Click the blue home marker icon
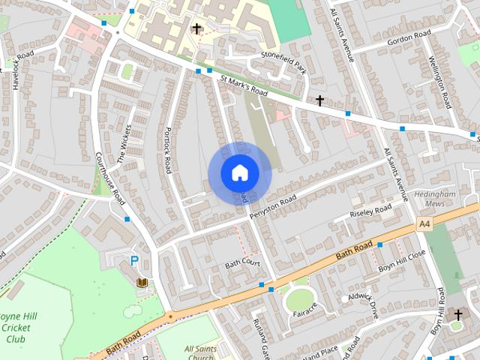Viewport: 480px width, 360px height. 239,172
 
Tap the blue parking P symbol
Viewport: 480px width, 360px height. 134,261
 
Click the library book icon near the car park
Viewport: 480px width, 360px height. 142,282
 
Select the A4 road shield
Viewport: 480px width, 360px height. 424,224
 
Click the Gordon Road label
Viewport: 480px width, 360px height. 409,35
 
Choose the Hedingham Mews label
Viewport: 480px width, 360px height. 435,198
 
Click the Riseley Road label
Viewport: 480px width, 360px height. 371,211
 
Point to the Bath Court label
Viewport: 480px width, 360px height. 242,264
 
